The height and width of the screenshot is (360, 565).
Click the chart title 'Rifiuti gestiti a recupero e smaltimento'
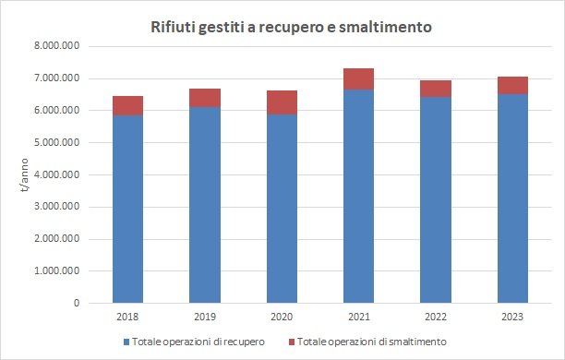click(x=292, y=27)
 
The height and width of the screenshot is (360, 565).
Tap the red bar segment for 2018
click(x=128, y=105)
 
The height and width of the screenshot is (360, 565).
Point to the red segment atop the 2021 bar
click(x=358, y=78)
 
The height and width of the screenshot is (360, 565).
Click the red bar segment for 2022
click(x=436, y=89)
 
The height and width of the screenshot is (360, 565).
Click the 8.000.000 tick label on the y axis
click(x=57, y=46)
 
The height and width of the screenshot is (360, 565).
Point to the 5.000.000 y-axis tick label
click(x=57, y=143)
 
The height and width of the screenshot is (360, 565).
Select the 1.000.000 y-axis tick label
click(x=57, y=271)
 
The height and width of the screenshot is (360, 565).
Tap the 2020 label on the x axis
click(x=282, y=318)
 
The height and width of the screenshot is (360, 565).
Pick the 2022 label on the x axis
click(x=436, y=318)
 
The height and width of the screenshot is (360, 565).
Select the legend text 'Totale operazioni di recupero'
click(x=200, y=342)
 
